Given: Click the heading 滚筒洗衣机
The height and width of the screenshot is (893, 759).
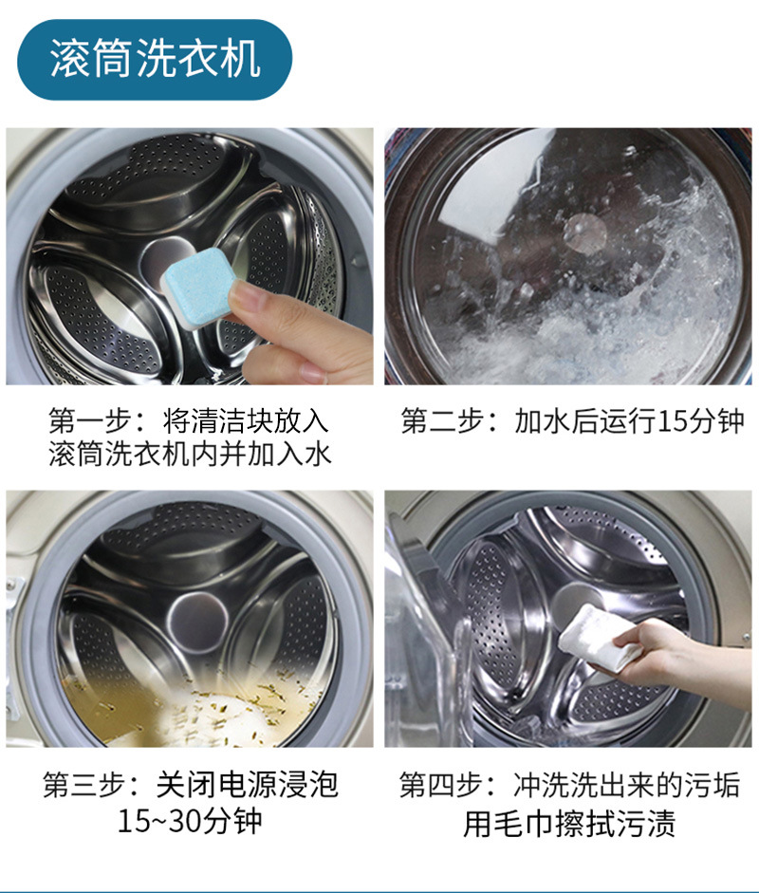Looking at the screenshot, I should click(155, 59).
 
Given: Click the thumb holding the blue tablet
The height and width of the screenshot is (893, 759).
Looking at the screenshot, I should click(252, 299).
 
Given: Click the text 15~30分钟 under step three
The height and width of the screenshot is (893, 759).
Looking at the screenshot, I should click(190, 821).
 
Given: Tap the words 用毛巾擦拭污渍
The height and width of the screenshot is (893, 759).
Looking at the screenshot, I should click(569, 823).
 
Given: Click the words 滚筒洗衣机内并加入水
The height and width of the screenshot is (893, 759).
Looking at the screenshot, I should click(190, 455).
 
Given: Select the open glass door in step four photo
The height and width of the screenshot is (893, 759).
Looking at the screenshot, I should click(427, 655).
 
